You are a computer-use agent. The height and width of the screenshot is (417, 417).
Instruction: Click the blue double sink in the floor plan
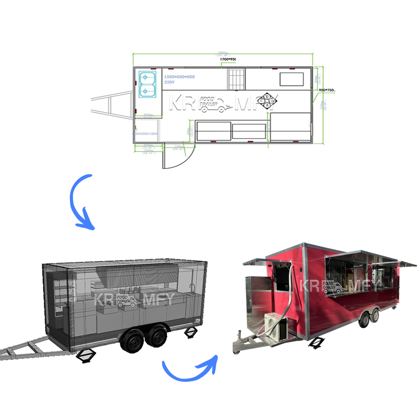147,83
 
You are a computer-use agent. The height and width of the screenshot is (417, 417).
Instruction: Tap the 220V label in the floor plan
169,82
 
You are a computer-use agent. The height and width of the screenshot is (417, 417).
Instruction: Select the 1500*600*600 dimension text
179,76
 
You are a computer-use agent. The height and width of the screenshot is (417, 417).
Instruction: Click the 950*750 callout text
327,90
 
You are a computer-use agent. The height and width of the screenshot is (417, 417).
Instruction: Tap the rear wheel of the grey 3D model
152,337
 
